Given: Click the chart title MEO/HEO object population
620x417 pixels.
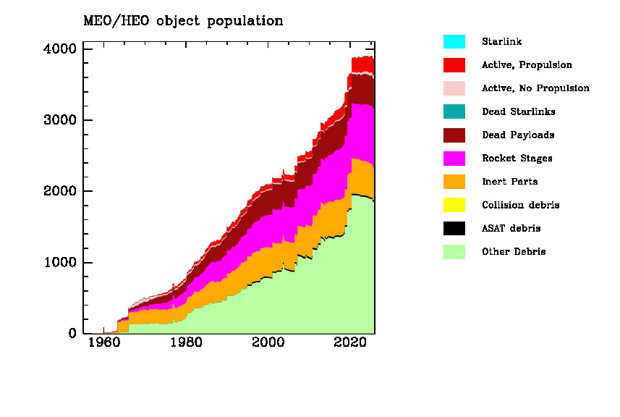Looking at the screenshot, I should (x=183, y=21).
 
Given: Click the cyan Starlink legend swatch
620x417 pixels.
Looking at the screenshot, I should (x=454, y=42).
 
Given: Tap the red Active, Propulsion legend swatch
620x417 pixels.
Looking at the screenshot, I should (x=454, y=65).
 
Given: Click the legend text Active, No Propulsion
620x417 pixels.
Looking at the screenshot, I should (x=535, y=88).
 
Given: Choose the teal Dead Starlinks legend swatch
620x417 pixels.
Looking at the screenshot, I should (x=454, y=111).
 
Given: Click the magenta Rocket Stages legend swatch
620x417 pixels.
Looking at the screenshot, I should (x=454, y=159).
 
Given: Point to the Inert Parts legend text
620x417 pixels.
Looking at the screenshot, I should (x=509, y=182).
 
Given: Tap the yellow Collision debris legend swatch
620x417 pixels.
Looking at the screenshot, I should (x=454, y=205).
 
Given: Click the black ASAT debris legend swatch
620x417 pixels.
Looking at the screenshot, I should (x=454, y=229).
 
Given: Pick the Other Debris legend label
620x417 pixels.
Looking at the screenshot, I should (x=514, y=252).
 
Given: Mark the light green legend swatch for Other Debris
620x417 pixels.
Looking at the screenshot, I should (x=454, y=252).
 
